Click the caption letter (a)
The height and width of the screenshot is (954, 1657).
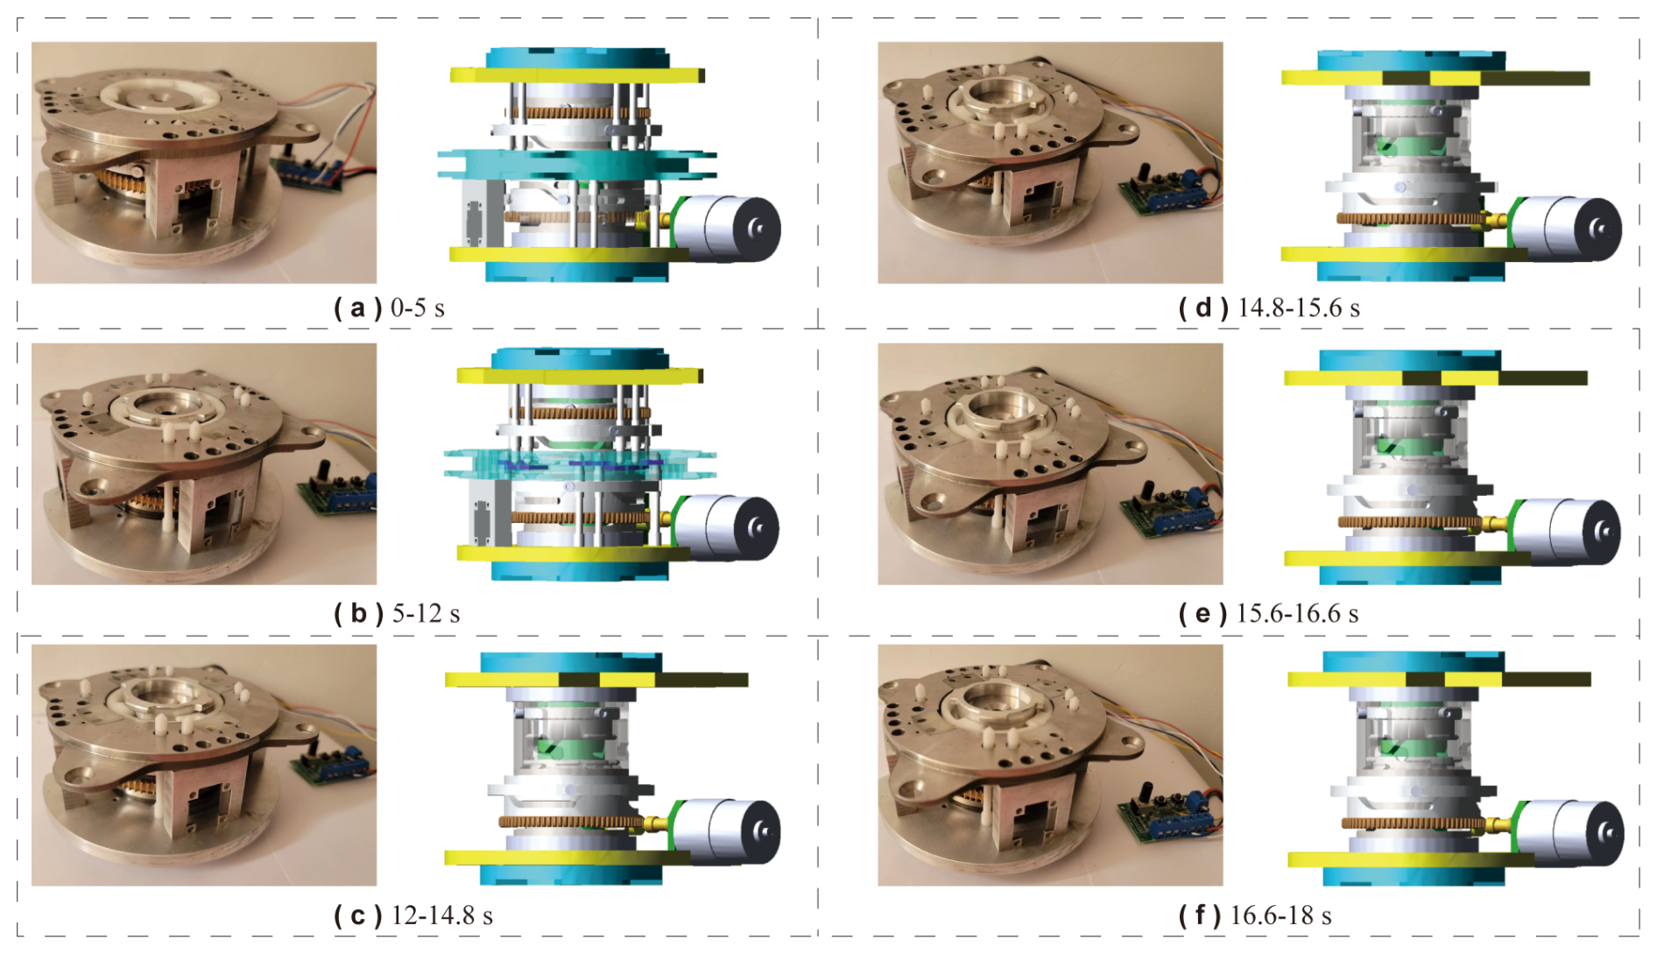point(357,308)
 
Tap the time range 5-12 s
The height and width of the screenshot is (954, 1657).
point(426,613)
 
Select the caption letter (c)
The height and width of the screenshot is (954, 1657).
point(357,915)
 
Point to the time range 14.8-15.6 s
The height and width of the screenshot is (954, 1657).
point(1299,308)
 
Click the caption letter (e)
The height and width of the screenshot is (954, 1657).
point(1202,613)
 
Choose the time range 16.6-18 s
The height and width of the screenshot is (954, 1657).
point(1281,915)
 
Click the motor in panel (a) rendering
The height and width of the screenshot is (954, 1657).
point(726,228)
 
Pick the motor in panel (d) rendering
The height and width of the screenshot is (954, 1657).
point(1567,228)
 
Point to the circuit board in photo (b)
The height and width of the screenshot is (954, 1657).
point(338,495)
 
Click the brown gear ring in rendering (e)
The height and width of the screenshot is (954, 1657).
point(1410,522)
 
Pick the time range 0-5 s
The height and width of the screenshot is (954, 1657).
point(418,308)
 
